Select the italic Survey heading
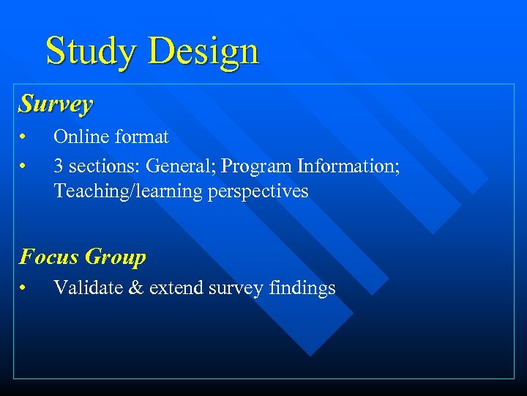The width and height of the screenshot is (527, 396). [x=56, y=104]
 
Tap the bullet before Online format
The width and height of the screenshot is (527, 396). [x=24, y=137]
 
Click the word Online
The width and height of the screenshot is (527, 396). [x=78, y=137]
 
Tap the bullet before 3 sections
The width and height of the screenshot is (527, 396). [x=24, y=166]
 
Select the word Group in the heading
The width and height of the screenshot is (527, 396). [x=115, y=257]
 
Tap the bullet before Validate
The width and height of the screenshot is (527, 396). [x=24, y=288]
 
